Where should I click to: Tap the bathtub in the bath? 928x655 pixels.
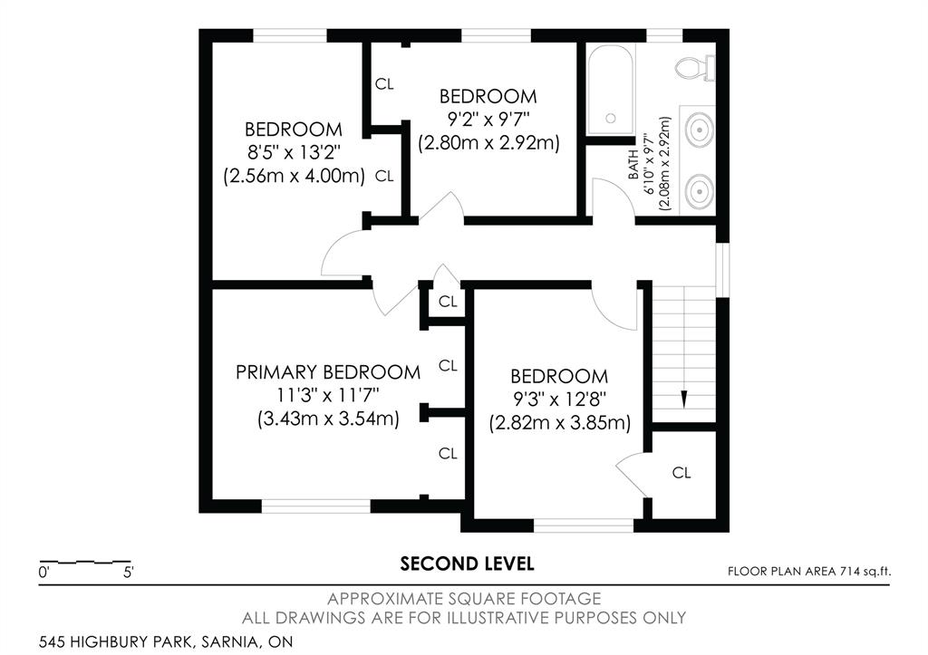pyautogui.click(x=611, y=90)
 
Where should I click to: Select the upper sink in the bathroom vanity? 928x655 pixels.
pyautogui.click(x=700, y=129)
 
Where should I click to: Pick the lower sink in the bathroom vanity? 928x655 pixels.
pyautogui.click(x=700, y=190)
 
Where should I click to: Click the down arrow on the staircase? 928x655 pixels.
pyautogui.click(x=684, y=400)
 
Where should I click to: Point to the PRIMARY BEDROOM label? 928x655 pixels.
pyautogui.click(x=328, y=372)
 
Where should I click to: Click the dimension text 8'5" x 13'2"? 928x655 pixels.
pyautogui.click(x=295, y=153)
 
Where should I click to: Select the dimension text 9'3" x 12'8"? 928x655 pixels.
pyautogui.click(x=559, y=400)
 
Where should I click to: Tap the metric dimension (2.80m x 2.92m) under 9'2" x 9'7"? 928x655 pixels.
pyautogui.click(x=488, y=143)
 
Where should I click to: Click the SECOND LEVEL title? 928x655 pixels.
pyautogui.click(x=467, y=563)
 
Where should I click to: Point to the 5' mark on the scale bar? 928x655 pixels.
pyautogui.click(x=129, y=573)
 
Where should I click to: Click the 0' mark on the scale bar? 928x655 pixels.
pyautogui.click(x=43, y=573)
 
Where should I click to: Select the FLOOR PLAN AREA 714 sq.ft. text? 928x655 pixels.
pyautogui.click(x=809, y=572)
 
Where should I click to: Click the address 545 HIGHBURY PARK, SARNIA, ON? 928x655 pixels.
pyautogui.click(x=166, y=641)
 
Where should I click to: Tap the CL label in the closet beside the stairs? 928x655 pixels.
pyautogui.click(x=681, y=473)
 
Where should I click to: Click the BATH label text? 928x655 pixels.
pyautogui.click(x=633, y=165)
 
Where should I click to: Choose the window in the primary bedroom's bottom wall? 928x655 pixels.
pyautogui.click(x=316, y=506)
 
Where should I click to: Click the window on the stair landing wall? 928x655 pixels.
pyautogui.click(x=722, y=270)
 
